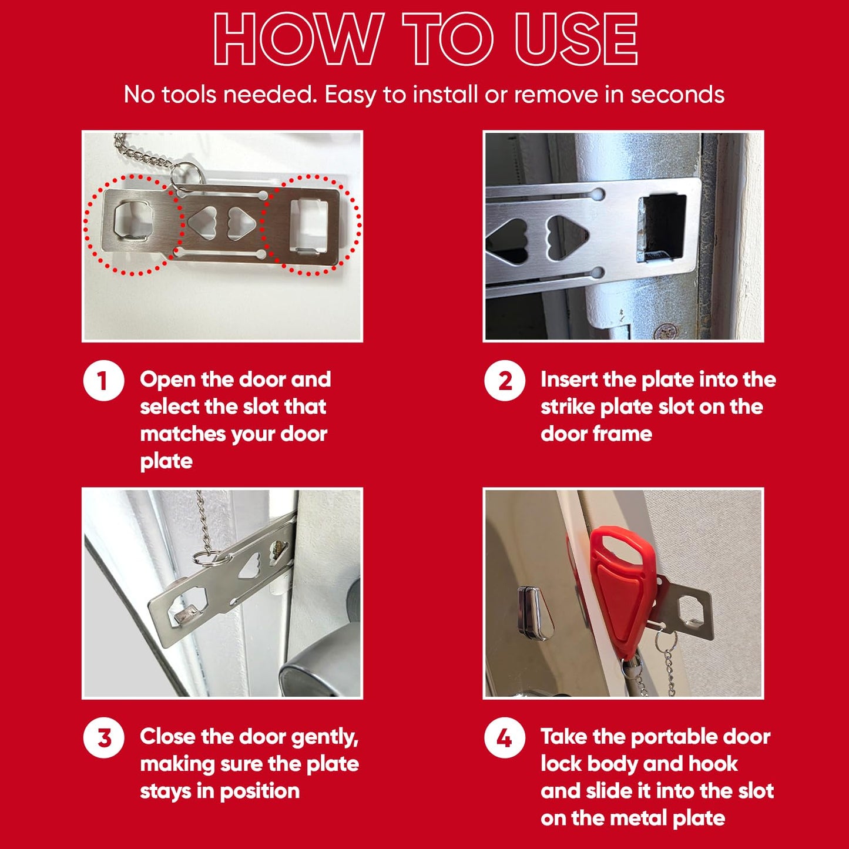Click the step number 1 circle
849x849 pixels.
(103, 380)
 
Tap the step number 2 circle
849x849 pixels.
(505, 380)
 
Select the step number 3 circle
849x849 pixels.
(103, 737)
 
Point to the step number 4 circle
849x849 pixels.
(505, 737)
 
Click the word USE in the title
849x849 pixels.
(576, 39)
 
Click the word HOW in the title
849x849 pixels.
(299, 39)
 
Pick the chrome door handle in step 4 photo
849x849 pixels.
(535, 613)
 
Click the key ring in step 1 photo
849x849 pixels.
(186, 176)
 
